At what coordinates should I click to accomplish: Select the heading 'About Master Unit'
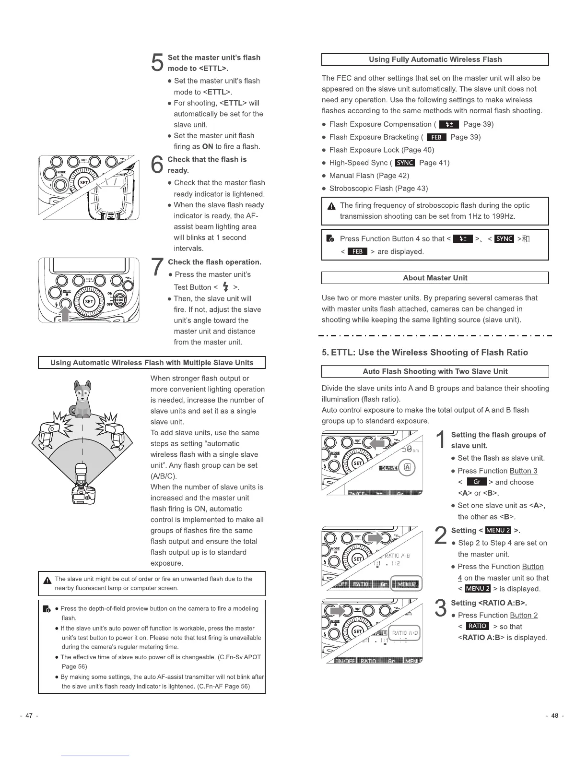pos(434,278)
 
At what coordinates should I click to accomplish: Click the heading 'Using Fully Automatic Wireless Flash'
pos(434,59)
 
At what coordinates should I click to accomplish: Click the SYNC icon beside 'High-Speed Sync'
pos(405,163)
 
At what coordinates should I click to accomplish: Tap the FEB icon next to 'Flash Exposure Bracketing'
pos(436,137)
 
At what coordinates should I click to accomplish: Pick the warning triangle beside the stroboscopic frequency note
pos(330,206)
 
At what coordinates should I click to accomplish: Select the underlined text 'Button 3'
pos(523,471)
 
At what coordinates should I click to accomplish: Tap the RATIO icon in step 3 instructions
pos(477,626)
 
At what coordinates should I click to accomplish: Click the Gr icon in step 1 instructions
pos(477,482)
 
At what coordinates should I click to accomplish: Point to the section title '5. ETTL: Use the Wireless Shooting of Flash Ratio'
pos(424,352)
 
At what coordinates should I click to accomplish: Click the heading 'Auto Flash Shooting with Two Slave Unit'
pos(434,371)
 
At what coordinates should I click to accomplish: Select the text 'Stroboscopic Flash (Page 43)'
pos(378,189)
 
